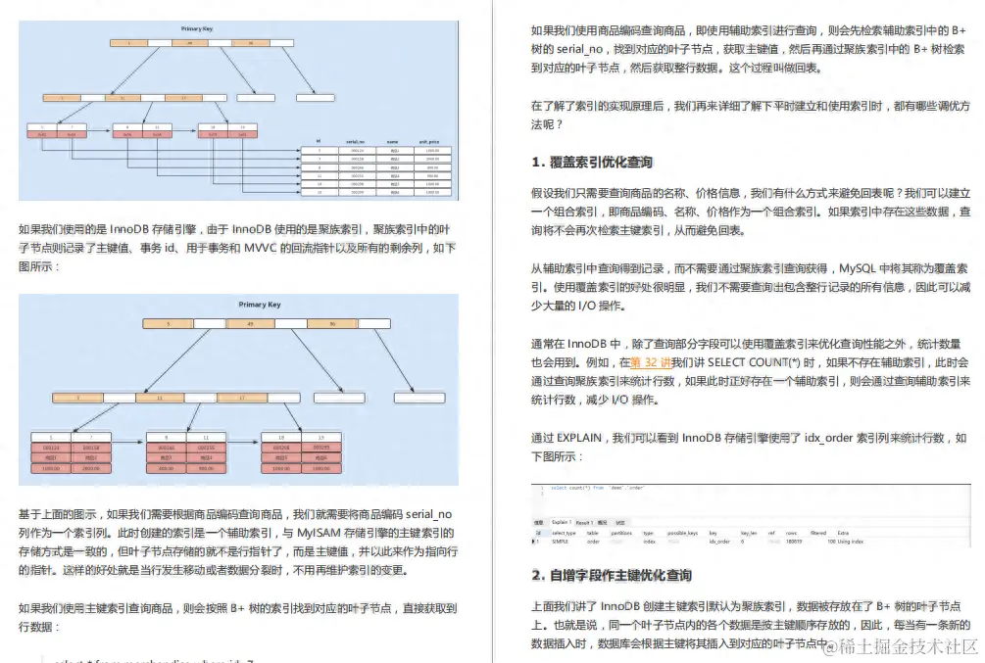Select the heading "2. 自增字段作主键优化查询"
click(x=612, y=575)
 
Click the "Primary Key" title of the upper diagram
click(x=195, y=29)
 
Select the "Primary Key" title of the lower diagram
click(x=260, y=305)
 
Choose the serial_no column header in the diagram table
click(x=356, y=142)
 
